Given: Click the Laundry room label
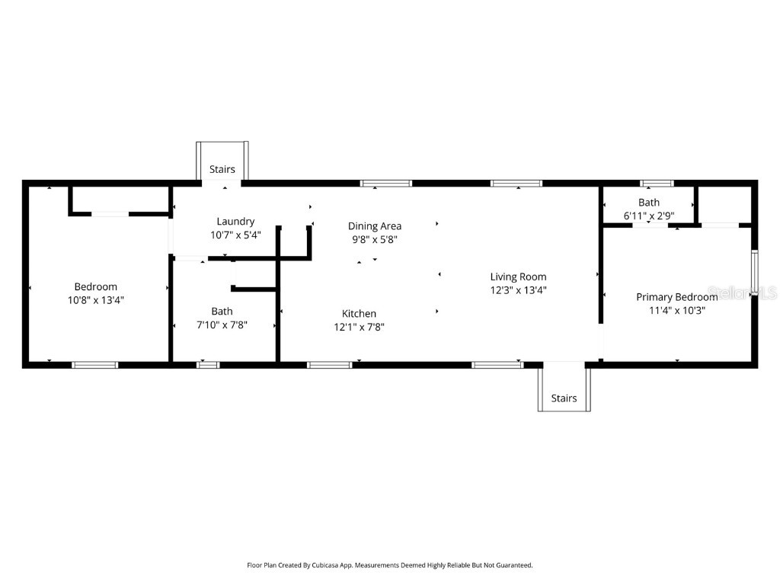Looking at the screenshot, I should click(235, 222).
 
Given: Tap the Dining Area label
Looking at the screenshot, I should click(375, 226).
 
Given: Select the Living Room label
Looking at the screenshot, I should click(518, 277).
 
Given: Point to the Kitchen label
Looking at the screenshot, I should click(359, 314).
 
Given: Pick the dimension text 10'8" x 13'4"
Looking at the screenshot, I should click(96, 300).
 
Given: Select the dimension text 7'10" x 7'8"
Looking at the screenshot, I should click(222, 324).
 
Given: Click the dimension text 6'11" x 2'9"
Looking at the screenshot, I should click(649, 216).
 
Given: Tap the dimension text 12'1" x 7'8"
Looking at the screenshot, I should click(359, 327).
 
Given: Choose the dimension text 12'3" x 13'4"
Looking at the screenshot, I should click(518, 290).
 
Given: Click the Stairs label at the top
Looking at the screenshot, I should click(222, 170).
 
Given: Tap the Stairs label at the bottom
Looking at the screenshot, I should click(564, 398).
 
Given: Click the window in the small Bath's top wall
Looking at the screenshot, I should click(657, 183).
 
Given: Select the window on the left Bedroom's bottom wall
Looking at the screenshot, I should click(95, 365).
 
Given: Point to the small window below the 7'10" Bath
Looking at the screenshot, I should click(208, 365).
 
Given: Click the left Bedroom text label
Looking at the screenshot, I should click(96, 287).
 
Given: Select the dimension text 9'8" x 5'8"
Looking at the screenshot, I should click(375, 239).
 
